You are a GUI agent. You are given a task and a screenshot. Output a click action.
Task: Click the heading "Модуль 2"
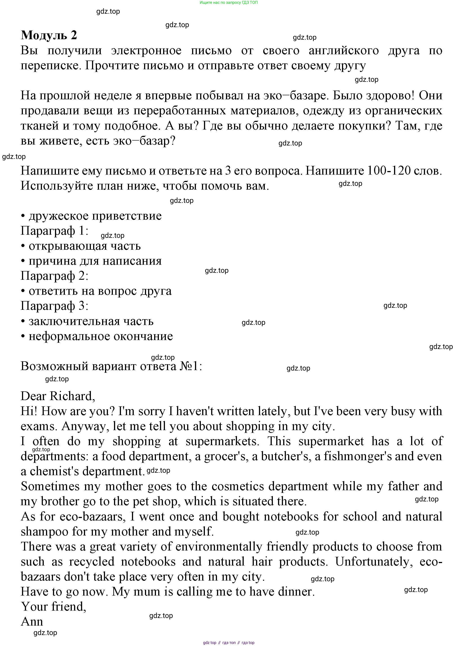click(x=49, y=35)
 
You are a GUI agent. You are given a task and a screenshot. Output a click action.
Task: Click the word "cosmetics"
click(x=238, y=486)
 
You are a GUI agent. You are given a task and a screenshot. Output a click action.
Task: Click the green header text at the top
click(x=228, y=2)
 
